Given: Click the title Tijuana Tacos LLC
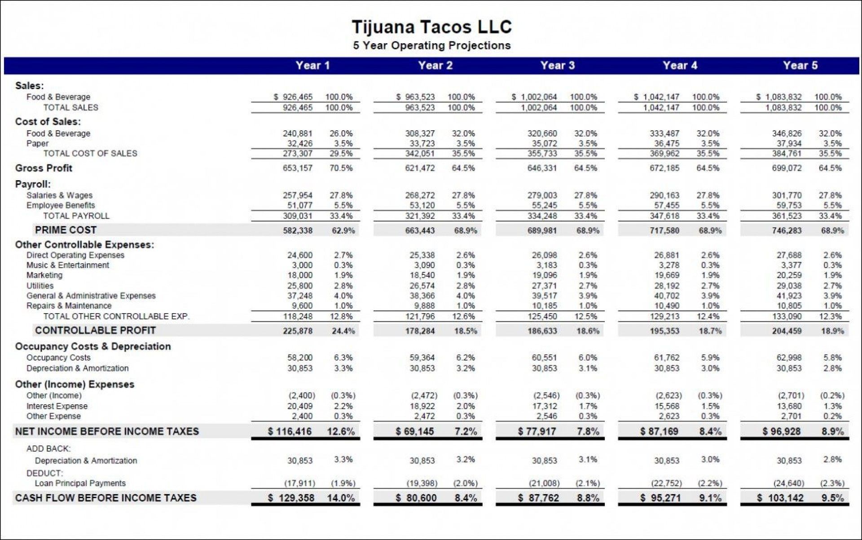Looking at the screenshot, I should tap(431, 27).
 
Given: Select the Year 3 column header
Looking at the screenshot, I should tap(557, 66).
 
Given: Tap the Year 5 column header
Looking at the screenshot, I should tap(800, 66).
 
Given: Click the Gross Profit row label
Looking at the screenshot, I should tap(44, 168).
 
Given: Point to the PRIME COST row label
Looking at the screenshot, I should tap(66, 230).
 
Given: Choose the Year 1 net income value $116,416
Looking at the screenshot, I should tap(290, 432).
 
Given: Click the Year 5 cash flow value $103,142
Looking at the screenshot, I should tap(780, 498).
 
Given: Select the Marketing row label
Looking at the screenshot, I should tap(44, 275).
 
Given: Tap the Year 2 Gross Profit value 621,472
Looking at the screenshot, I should tap(420, 168).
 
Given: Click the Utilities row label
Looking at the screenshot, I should tap(40, 286).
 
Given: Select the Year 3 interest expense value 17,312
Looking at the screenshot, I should tap(544, 406).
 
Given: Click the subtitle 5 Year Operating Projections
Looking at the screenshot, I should tap(431, 46).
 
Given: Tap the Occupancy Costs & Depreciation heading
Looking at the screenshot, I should tap(93, 346).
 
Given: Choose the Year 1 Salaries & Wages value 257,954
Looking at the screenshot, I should tap(297, 195).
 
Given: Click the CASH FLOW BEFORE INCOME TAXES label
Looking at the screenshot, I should tap(106, 498).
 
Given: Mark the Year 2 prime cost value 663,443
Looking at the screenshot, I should tap(420, 231).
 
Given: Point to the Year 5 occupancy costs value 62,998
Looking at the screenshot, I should tap(789, 358).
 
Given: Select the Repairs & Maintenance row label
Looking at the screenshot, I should tap(69, 306).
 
